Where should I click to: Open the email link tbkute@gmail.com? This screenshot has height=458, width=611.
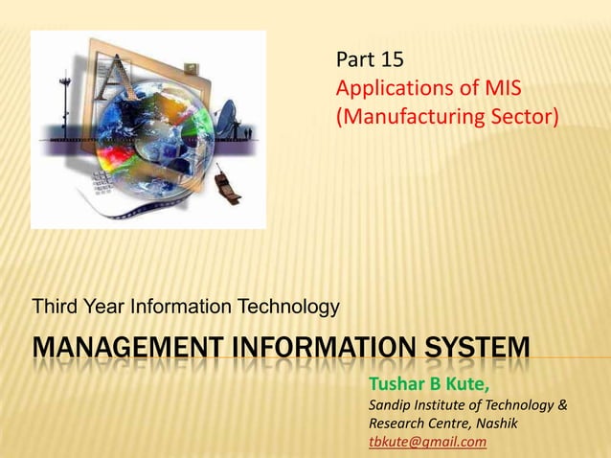point(427,442)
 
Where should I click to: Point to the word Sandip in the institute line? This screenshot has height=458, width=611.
point(391,406)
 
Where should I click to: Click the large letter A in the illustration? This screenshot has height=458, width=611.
point(119,81)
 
